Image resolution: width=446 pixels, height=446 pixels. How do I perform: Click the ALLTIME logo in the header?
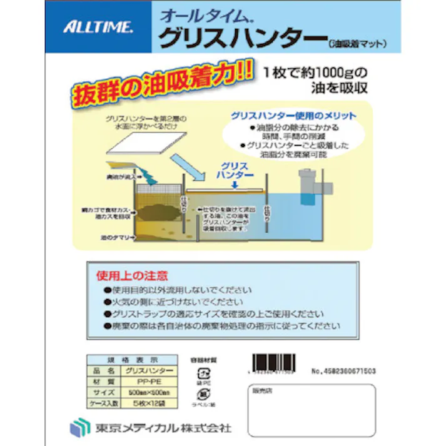click(98, 27)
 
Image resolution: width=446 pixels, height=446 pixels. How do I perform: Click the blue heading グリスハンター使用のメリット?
click(293, 116)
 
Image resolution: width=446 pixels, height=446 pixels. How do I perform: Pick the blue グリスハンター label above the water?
click(235, 171)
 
